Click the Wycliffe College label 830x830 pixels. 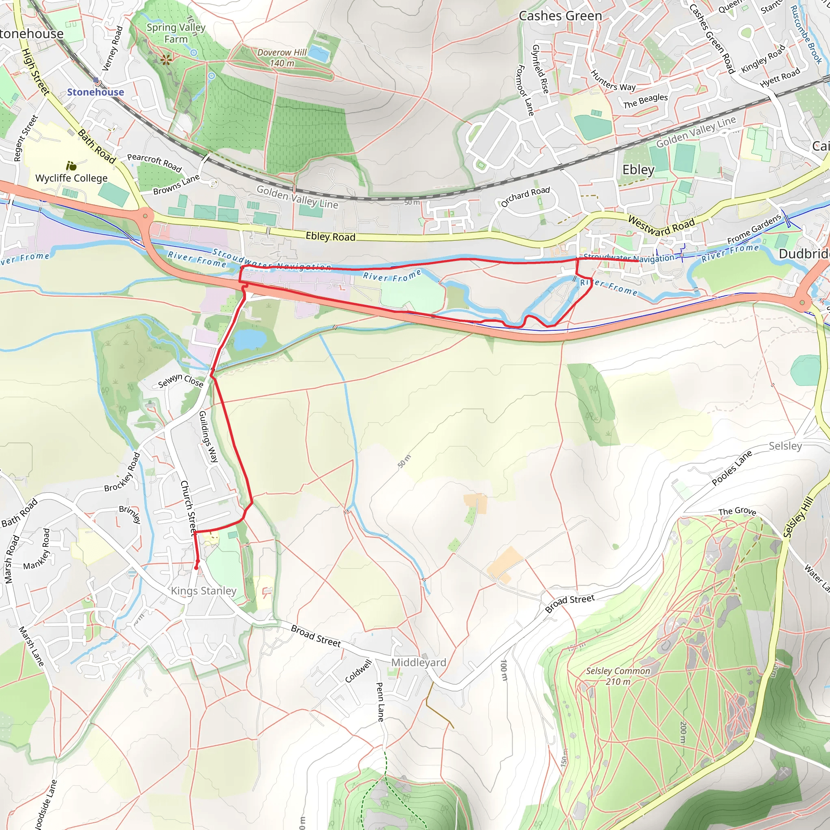pos(71,178)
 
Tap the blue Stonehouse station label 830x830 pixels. pos(95,92)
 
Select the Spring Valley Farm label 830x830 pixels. pos(176,33)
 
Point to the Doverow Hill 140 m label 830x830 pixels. pos(282,58)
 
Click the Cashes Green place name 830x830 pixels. pos(560,16)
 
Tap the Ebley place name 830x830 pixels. pos(638,170)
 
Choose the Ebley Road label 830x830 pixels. pos(330,236)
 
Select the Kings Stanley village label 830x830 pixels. pos(203,591)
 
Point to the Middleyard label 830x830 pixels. pos(418,662)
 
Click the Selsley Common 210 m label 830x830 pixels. pos(618,676)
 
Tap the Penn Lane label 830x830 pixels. pos(380,702)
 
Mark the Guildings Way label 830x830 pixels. pos(208,436)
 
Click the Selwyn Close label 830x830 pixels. pos(180,381)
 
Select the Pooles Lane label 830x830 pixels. pos(732,468)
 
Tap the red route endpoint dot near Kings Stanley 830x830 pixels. pos(196,567)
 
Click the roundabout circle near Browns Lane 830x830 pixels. pos(145,216)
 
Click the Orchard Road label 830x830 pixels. pos(525,196)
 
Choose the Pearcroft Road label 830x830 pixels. pos(154,162)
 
